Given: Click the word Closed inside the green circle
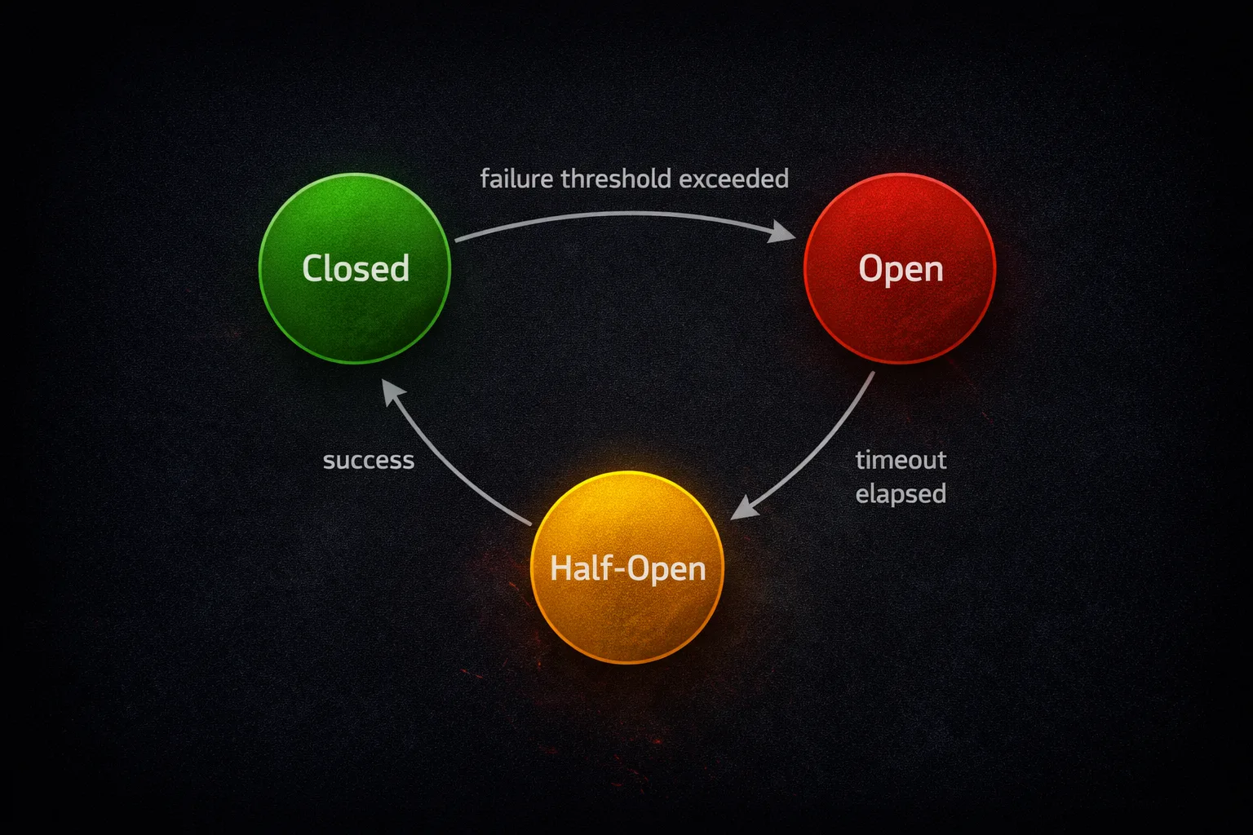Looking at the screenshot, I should pyautogui.click(x=356, y=268).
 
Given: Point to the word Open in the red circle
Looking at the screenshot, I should pyautogui.click(x=901, y=269).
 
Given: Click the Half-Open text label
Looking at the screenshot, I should pyautogui.click(x=627, y=568).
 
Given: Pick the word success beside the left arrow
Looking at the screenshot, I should pyautogui.click(x=369, y=461).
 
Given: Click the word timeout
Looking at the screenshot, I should pyautogui.click(x=901, y=460).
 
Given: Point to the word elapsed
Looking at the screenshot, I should pyautogui.click(x=901, y=494).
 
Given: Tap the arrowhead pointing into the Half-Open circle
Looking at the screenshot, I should pyautogui.click(x=742, y=509).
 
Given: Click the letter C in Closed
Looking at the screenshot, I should pyautogui.click(x=313, y=268).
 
